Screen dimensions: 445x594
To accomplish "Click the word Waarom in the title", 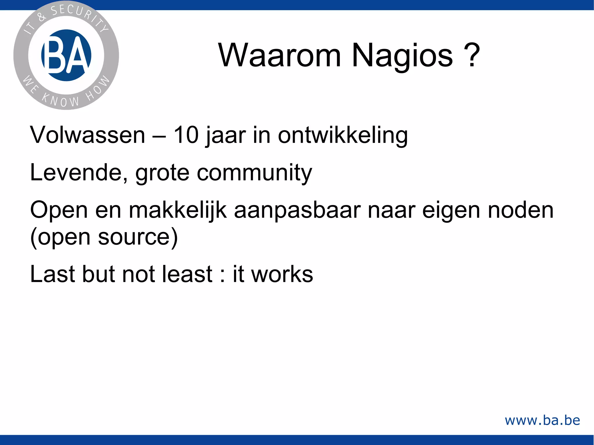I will (279, 55).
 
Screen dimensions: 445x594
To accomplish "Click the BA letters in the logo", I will (66, 55).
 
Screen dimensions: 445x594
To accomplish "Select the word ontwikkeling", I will (343, 136).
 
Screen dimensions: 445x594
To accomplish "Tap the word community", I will (254, 173).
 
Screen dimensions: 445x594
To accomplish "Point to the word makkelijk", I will (178, 210).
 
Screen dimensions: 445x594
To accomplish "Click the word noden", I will (521, 210).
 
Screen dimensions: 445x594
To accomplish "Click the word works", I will (282, 274).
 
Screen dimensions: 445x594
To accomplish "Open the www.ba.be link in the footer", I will (542, 420).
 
